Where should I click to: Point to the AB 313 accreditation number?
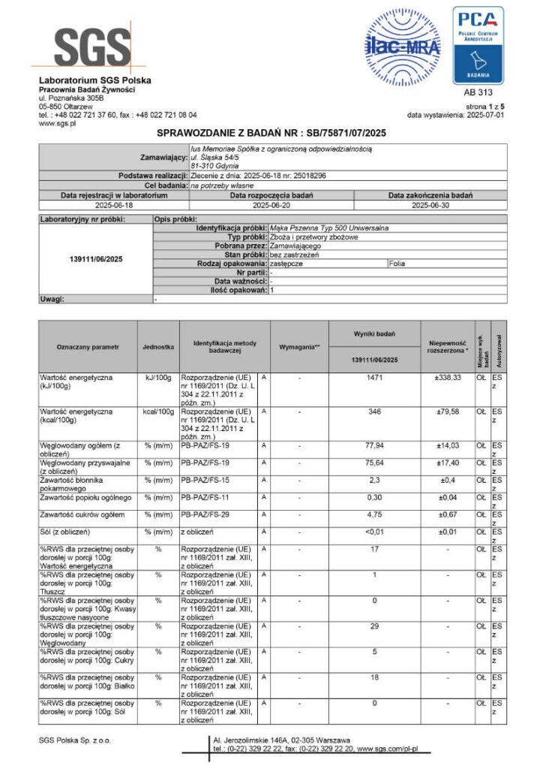click(x=478, y=94)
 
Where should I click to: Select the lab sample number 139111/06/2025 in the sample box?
click(x=95, y=259)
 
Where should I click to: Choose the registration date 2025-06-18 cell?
click(x=114, y=204)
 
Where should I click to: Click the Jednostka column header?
click(x=158, y=347)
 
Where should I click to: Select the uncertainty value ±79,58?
click(x=447, y=412)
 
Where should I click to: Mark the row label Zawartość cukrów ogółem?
click(x=82, y=515)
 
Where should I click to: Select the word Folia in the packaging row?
click(x=399, y=264)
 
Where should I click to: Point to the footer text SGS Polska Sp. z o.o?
click(x=75, y=740)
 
